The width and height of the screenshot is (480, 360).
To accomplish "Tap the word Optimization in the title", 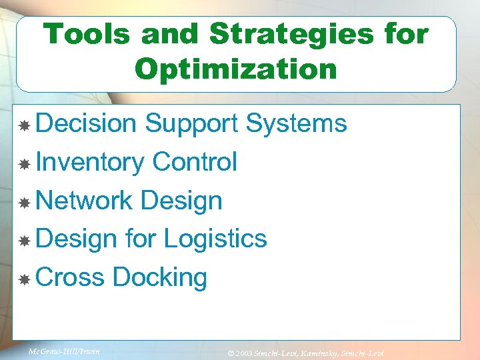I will [236, 69].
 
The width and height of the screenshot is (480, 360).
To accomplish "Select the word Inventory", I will [90, 163].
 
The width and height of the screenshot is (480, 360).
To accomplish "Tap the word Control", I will [195, 162].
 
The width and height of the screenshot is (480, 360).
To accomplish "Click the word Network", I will [84, 200].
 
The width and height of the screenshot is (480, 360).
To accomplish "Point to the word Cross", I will [70, 277].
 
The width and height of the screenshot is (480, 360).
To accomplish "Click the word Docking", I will [160, 278].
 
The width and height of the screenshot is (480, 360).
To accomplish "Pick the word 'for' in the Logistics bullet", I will [141, 239].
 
